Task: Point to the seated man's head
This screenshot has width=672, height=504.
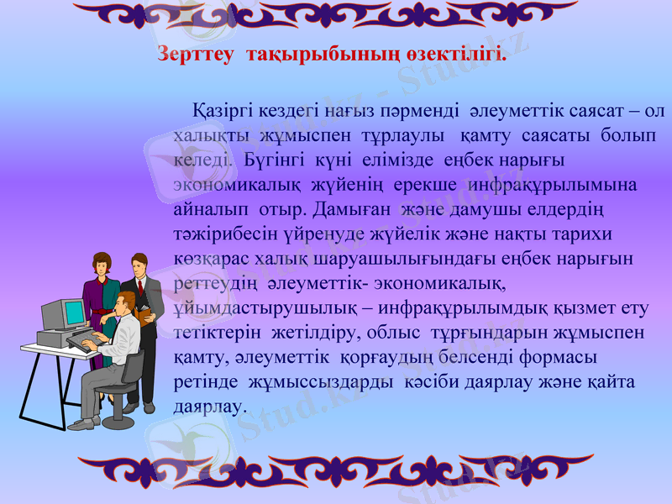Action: pyautogui.click(x=126, y=304)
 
